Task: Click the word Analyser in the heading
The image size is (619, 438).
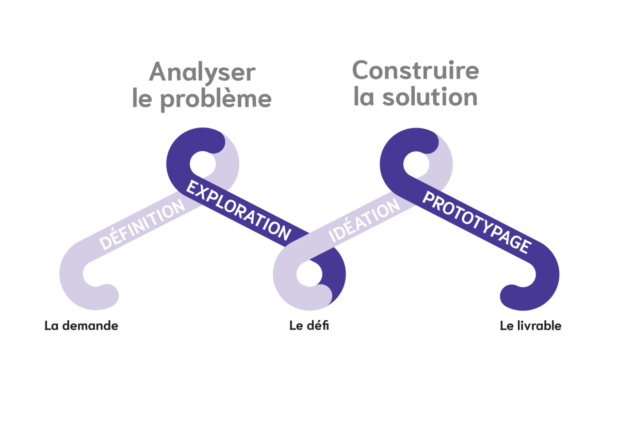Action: [x=202, y=72]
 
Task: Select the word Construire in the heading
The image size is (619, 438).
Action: [x=416, y=70]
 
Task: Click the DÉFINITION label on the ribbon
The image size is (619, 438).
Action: [x=142, y=225]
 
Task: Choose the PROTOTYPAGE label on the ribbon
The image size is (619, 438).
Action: [x=476, y=222]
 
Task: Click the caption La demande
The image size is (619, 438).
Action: [x=81, y=326]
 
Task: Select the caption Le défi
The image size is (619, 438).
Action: [x=309, y=326]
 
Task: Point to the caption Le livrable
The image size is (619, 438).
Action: [x=530, y=326]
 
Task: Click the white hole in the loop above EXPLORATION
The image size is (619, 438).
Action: [x=202, y=164]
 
